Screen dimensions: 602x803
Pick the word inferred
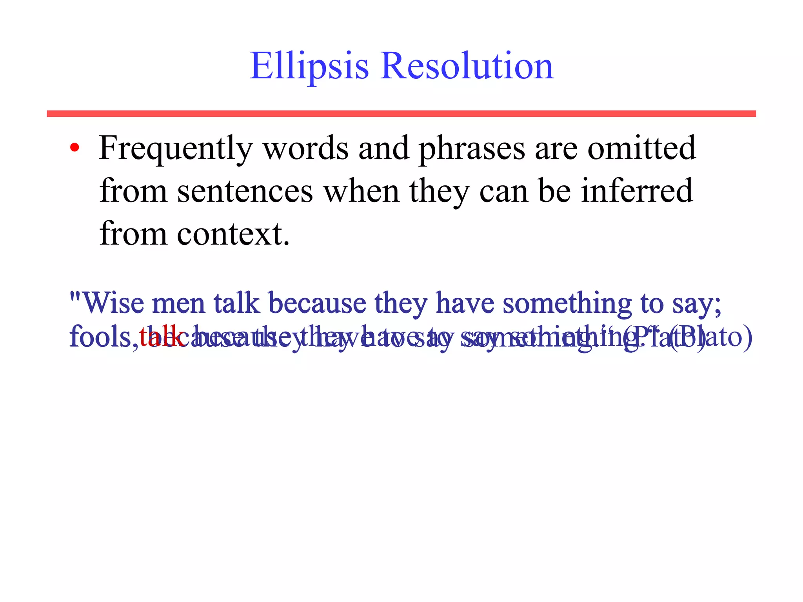click(637, 191)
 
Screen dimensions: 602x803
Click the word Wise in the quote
click(113, 303)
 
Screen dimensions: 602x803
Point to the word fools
click(101, 337)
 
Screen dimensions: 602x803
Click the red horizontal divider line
click(401, 114)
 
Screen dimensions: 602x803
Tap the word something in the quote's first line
click(567, 303)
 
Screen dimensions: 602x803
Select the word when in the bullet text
click(361, 191)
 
